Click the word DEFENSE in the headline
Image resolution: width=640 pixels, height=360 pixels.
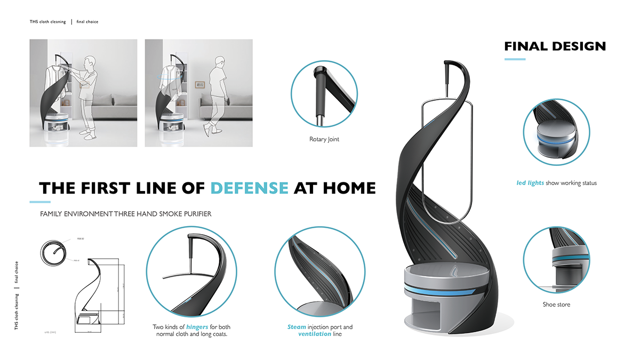point(249,188)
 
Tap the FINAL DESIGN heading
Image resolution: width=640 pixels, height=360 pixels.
point(555,46)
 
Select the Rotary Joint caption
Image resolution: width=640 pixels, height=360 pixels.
point(324,140)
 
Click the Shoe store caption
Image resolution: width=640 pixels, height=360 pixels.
point(556,305)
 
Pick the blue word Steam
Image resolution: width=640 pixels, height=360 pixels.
point(296,326)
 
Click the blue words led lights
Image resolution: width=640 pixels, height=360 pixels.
point(530,183)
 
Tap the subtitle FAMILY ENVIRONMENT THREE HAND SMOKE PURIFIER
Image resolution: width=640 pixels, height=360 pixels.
point(125,214)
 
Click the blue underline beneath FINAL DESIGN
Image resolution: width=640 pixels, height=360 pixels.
point(515,59)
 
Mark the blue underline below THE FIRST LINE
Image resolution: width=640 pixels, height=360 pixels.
point(39,202)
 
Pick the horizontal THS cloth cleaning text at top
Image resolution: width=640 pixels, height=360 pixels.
point(48,22)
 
